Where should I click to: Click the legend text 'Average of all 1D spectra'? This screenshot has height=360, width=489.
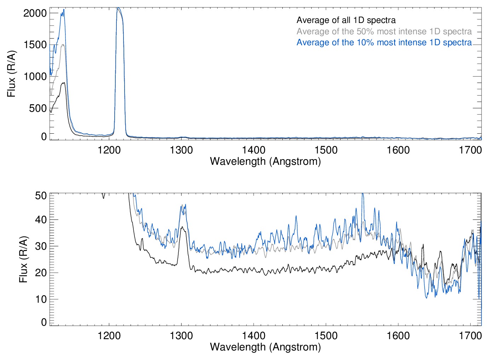click(346, 20)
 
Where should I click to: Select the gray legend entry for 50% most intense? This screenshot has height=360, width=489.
click(384, 31)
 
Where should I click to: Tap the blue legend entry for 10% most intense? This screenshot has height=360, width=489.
click(384, 42)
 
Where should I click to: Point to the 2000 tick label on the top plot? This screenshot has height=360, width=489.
click(35, 13)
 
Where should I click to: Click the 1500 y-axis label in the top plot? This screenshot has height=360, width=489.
click(35, 45)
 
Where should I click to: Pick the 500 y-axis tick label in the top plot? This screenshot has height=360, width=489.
click(38, 108)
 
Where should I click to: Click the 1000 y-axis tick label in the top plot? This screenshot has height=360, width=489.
click(35, 76)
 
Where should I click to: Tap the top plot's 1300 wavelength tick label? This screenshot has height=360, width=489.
click(181, 150)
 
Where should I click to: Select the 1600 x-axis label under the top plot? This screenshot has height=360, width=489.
click(398, 150)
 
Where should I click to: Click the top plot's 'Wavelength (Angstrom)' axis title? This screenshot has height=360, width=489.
click(265, 161)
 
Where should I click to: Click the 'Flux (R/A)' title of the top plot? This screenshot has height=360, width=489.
click(11, 74)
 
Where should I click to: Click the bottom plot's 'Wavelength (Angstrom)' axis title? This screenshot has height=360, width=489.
click(265, 347)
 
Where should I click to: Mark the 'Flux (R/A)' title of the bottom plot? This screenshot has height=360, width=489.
click(23, 260)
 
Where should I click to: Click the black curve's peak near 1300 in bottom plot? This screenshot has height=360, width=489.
click(182, 227)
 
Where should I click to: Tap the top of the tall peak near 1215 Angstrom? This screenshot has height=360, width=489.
click(118, 8)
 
